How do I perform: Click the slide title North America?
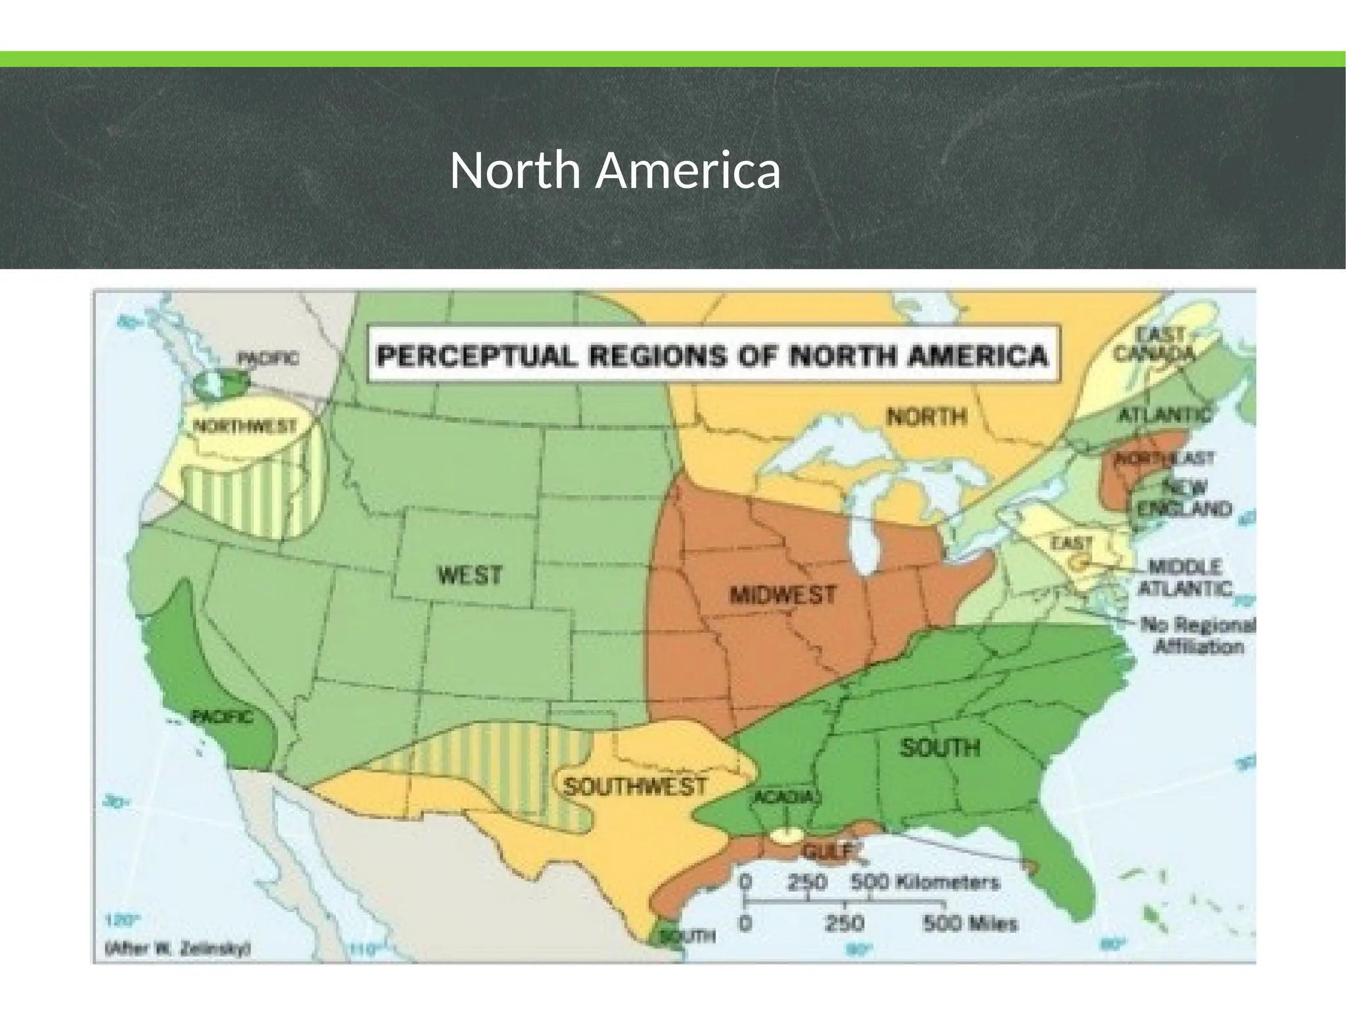pos(615,171)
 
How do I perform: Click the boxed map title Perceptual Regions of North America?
pos(712,356)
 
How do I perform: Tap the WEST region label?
pos(470,575)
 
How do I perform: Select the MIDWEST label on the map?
pos(783,595)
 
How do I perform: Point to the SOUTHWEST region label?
pos(635,786)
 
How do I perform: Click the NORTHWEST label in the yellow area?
pos(244,426)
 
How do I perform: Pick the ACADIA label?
pos(783,797)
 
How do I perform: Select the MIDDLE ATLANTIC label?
pos(1184,577)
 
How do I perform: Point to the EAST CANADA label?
pos(1153,344)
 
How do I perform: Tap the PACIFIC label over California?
pos(221,717)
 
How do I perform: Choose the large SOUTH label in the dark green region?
pos(940,747)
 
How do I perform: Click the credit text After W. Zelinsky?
pos(178,949)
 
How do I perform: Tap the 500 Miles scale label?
pos(970,924)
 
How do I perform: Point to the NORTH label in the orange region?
pos(927,416)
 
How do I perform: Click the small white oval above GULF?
pos(786,836)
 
